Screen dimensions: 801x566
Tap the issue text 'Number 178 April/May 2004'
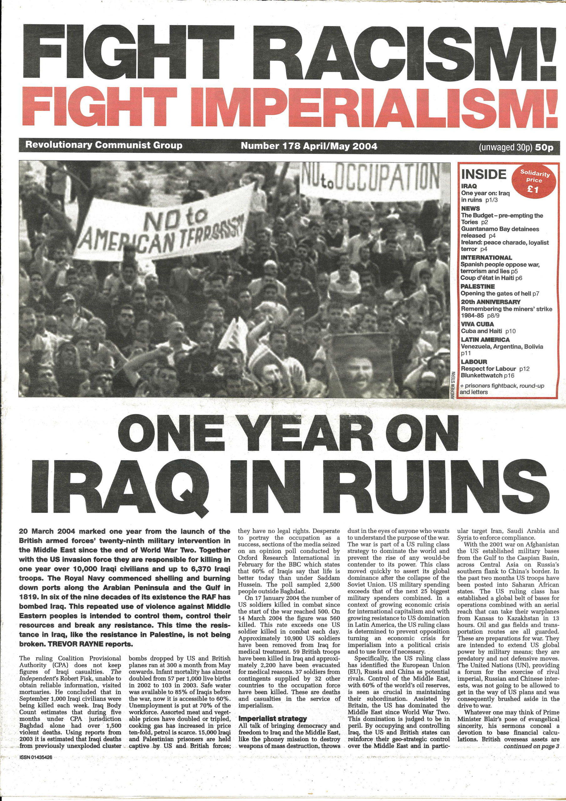point(309,146)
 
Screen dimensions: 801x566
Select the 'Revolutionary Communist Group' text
point(104,145)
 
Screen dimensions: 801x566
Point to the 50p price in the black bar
point(544,147)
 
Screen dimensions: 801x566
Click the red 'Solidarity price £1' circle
point(533,181)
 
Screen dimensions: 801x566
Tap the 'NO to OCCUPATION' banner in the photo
point(370,181)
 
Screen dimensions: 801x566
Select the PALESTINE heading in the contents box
point(478,286)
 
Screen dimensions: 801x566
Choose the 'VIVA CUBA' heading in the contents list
point(477,324)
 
